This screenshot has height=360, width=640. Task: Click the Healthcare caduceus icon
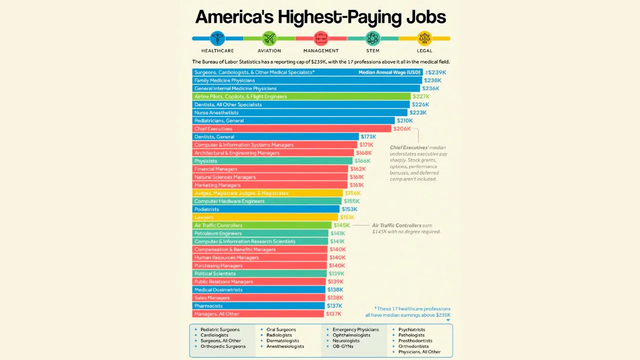point(217,38)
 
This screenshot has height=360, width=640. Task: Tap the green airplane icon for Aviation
point(269,38)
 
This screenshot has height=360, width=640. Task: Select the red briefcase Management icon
point(321,38)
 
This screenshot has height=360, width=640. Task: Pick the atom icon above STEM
point(372,38)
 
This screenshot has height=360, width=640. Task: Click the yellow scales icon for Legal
point(424,38)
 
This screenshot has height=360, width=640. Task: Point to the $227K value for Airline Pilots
point(421,96)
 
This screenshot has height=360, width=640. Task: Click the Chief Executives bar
point(291,129)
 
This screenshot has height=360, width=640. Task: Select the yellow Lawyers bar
point(265,217)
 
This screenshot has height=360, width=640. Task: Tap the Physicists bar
point(272,161)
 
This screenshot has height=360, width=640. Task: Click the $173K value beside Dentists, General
point(368,137)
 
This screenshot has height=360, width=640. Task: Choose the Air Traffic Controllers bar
point(261,225)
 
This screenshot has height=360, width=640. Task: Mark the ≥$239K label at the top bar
point(435,72)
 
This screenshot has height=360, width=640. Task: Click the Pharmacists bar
point(258,306)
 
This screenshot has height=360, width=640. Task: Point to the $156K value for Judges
point(352,193)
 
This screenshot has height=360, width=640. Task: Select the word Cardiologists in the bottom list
point(214,335)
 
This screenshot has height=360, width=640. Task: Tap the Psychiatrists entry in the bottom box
point(411,329)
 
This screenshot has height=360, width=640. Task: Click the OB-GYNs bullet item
point(343,346)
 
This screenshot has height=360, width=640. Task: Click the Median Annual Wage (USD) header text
point(389,72)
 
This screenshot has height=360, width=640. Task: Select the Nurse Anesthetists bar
point(299,113)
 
